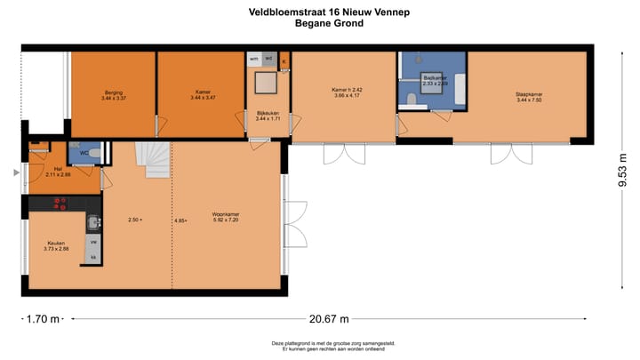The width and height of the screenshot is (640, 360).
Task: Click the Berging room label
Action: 114,94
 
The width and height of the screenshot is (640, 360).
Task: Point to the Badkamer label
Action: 435,80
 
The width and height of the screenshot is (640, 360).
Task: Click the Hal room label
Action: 58,172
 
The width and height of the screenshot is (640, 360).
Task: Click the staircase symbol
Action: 152,161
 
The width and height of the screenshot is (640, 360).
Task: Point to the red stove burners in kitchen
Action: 60,203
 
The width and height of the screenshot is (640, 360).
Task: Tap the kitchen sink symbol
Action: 93,222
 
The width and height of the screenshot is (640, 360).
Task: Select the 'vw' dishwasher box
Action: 93,241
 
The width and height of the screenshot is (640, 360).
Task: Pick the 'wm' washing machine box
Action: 254,60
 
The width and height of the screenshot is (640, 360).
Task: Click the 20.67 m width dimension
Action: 328,317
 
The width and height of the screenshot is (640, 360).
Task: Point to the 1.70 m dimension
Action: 42,317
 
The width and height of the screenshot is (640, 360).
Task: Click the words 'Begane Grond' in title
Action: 328,24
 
